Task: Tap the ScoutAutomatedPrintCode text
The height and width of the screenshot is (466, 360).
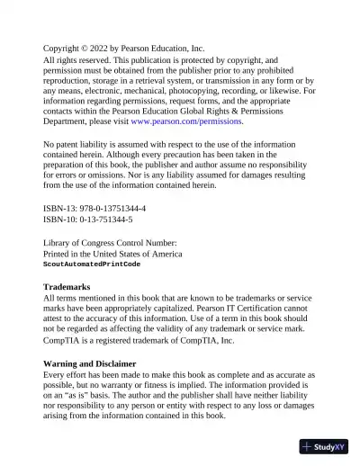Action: click(x=92, y=264)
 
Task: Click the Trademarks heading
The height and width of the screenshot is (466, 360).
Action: click(x=67, y=287)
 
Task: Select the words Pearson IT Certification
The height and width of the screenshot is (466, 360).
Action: click(x=229, y=309)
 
